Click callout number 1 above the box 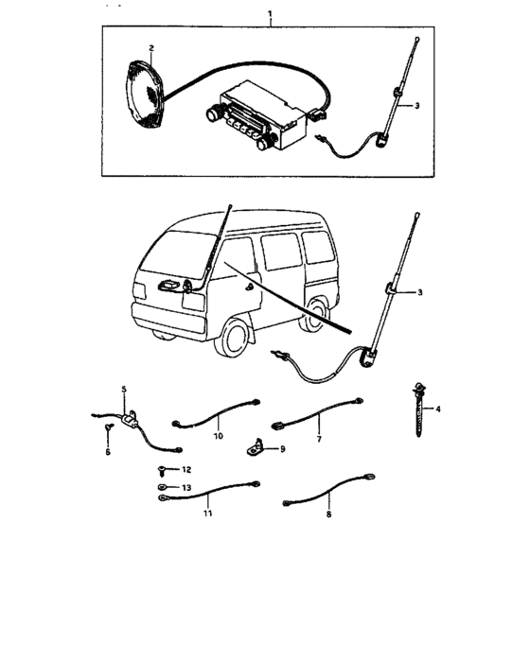pyautogui.click(x=270, y=14)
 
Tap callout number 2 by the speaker pyautogui.click(x=151, y=48)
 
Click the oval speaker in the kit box pyautogui.click(x=145, y=95)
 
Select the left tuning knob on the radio pyautogui.click(x=213, y=113)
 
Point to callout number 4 pyautogui.click(x=438, y=409)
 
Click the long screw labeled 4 pyautogui.click(x=418, y=409)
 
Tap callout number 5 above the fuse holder pyautogui.click(x=124, y=389)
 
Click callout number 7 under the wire pyautogui.click(x=319, y=439)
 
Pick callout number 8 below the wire pyautogui.click(x=328, y=514)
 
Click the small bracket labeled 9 pyautogui.click(x=255, y=447)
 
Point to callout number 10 pyautogui.click(x=218, y=436)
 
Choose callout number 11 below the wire pyautogui.click(x=207, y=514)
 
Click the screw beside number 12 pyautogui.click(x=161, y=469)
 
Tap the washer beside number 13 pyautogui.click(x=162, y=487)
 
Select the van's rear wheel pyautogui.click(x=313, y=315)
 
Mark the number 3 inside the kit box pyautogui.click(x=416, y=106)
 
